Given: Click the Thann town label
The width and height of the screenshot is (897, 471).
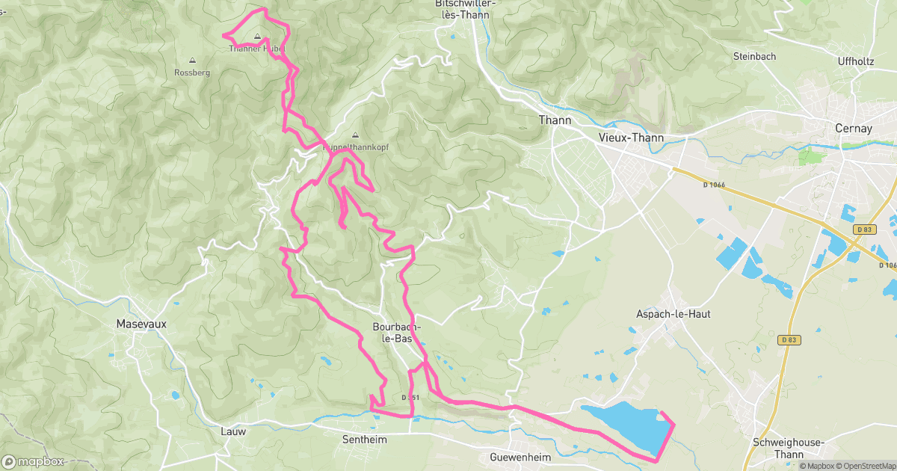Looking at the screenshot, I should pos(555,120).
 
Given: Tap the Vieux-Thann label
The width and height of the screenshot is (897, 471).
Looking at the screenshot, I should pos(632,138).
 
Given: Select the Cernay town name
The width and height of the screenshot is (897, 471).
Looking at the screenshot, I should pos(853,129).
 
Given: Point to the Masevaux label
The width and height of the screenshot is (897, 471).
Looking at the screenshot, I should pos(141,324).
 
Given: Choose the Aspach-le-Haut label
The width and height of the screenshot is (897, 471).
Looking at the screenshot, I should pos(673,314).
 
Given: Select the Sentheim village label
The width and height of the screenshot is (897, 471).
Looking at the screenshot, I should pos(364,440).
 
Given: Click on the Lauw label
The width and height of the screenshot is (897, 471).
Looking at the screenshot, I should pos(233,431).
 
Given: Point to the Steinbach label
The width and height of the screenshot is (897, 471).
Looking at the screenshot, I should pos(754,56).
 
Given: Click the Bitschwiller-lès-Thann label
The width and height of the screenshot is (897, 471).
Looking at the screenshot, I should pos(465,9).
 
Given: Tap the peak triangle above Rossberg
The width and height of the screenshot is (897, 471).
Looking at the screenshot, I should pos(192,61).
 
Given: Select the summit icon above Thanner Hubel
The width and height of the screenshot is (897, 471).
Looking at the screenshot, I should pos(258,36).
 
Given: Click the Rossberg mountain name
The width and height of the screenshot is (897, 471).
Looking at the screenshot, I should pos(192,73).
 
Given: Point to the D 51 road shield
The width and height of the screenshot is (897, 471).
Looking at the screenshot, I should pos(407,397).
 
